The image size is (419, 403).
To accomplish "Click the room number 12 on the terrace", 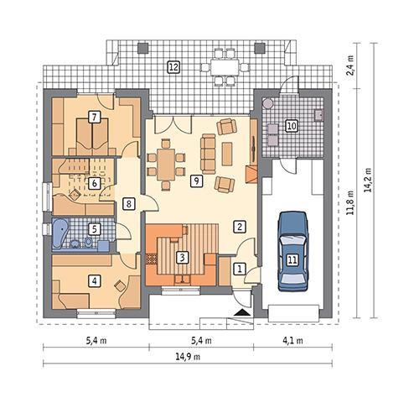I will click(172, 65).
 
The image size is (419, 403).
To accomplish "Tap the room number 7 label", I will click(95, 118).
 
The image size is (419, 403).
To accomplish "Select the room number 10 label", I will click(292, 126).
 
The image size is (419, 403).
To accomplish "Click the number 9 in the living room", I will click(195, 180).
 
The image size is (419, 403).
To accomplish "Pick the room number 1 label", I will click(240, 269).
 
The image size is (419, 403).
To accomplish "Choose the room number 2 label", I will click(240, 226).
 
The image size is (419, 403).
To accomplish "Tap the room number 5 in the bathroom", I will click(95, 228).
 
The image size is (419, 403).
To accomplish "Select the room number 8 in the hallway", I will click(128, 202).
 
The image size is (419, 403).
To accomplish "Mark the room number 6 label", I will click(95, 182).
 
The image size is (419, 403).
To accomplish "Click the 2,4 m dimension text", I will click(350, 65).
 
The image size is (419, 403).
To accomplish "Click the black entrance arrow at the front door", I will click(243, 311).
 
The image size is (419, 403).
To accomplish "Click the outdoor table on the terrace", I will click(223, 65).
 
